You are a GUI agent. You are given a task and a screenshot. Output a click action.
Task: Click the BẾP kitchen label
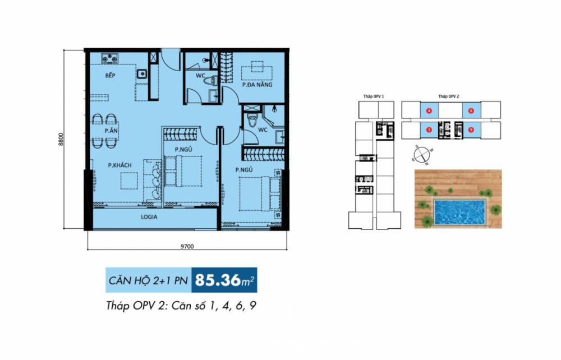tap(110, 75)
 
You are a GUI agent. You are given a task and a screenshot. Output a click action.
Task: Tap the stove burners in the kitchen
tap(108, 57)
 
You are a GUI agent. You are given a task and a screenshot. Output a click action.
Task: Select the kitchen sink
tap(142, 72)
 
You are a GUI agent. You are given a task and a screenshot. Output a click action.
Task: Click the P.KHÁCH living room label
tap(119, 165)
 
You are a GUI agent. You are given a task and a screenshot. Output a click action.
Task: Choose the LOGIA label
tap(149, 216)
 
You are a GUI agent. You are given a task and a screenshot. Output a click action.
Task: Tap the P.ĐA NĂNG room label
tap(257, 86)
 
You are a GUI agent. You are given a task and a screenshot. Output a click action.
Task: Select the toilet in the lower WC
tap(254, 121)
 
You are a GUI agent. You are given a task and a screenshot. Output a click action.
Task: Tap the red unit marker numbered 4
tap(429, 110)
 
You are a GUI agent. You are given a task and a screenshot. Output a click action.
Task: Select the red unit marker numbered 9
tap(471, 130)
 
